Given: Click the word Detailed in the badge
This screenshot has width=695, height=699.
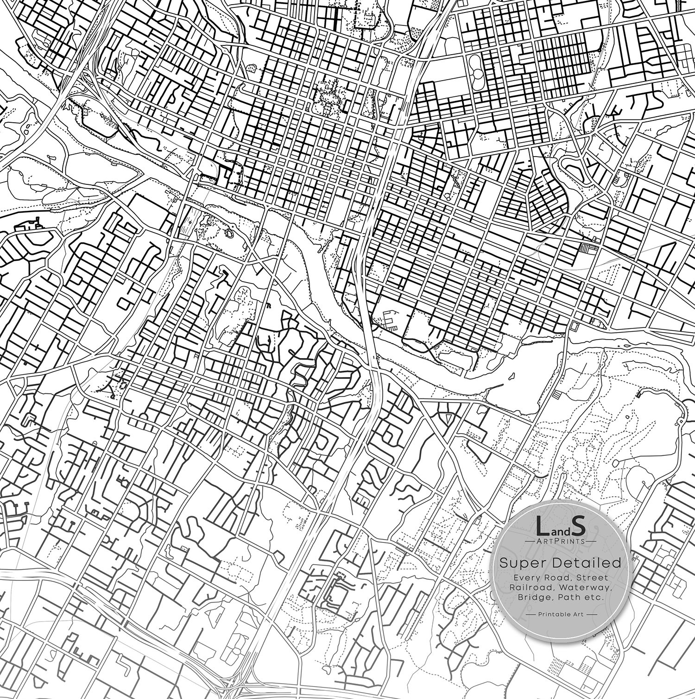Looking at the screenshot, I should [x=582, y=563].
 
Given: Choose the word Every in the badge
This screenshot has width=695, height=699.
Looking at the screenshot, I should [x=524, y=577].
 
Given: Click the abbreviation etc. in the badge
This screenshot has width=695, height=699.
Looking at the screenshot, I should [x=593, y=598].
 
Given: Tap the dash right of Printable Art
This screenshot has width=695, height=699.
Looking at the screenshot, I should [x=590, y=614].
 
